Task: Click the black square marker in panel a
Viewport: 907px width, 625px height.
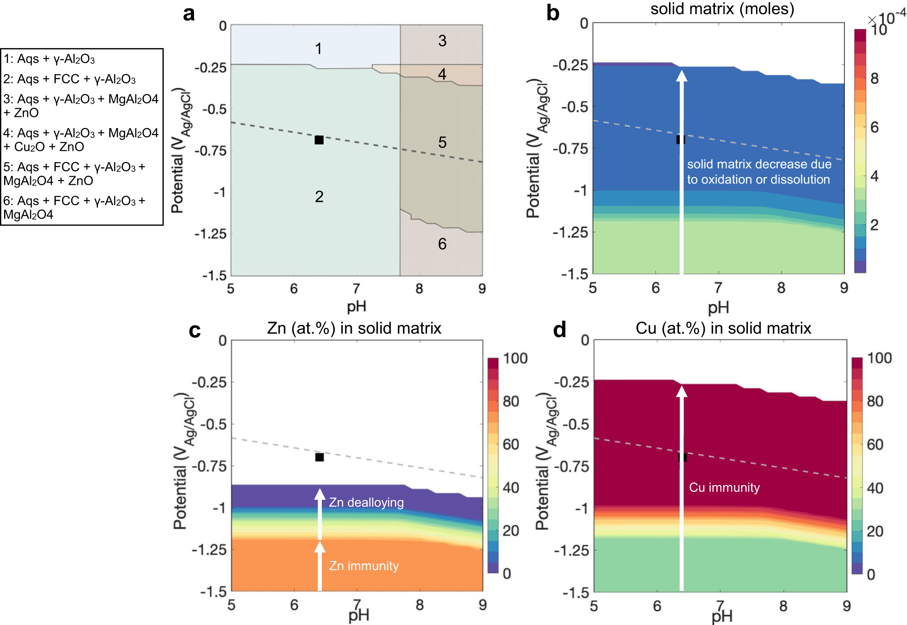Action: [x=319, y=140]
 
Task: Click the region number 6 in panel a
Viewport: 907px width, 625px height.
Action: [x=442, y=244]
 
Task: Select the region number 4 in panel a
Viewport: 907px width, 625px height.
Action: [x=442, y=74]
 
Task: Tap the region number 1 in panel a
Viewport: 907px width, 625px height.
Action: [x=319, y=48]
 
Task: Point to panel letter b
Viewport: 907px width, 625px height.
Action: [x=553, y=14]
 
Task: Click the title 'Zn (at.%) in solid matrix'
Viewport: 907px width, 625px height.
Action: [x=354, y=328]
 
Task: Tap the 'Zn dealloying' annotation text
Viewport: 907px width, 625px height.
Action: [x=366, y=502]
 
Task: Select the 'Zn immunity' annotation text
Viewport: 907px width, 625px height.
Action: [x=364, y=566]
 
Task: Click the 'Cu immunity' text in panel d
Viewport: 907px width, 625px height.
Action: [x=724, y=487]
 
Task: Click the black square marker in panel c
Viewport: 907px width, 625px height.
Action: [x=320, y=457]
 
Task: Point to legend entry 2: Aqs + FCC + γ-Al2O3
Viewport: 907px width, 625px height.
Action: [x=69, y=79]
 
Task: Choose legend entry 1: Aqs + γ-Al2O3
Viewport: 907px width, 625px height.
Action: [x=49, y=59]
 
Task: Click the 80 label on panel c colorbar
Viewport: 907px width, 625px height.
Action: [x=511, y=401]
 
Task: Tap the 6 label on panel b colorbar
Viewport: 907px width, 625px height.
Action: [x=874, y=127]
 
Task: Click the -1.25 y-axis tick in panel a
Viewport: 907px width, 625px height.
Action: [x=210, y=234]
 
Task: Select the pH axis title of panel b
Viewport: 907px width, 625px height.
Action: [x=718, y=308]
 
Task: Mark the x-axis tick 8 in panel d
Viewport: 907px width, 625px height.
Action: [x=783, y=606]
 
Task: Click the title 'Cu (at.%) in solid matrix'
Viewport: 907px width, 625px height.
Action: [x=723, y=328]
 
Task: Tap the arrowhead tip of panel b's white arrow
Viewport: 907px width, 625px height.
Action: [x=681, y=72]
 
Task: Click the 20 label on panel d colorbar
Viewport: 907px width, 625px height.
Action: [x=875, y=531]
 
